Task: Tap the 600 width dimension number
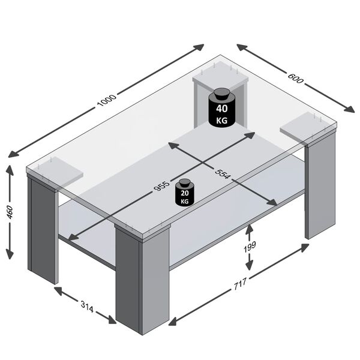(295, 77)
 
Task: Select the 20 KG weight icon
(184, 194)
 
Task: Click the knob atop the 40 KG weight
(222, 92)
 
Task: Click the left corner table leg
(43, 231)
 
